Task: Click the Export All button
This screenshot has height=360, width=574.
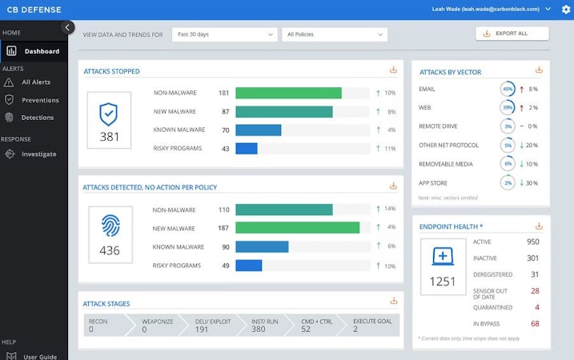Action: (x=512, y=34)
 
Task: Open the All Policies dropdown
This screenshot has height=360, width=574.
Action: (x=334, y=34)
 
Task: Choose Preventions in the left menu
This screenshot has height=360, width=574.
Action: (x=39, y=100)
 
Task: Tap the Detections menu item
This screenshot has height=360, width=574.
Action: (x=38, y=118)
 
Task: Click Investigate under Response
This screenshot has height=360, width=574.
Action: (x=38, y=154)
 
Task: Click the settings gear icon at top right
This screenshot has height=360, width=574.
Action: (x=566, y=10)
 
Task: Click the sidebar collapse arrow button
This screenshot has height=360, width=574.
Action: (x=68, y=27)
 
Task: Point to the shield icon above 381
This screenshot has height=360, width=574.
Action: (x=109, y=114)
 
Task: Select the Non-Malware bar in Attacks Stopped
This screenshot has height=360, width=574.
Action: (x=288, y=93)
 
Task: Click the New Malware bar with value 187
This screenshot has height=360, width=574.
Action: (x=297, y=228)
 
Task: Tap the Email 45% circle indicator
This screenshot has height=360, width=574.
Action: (x=508, y=89)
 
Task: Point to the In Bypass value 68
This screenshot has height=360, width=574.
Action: (x=535, y=323)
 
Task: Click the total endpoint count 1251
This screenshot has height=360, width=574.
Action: (x=443, y=281)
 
